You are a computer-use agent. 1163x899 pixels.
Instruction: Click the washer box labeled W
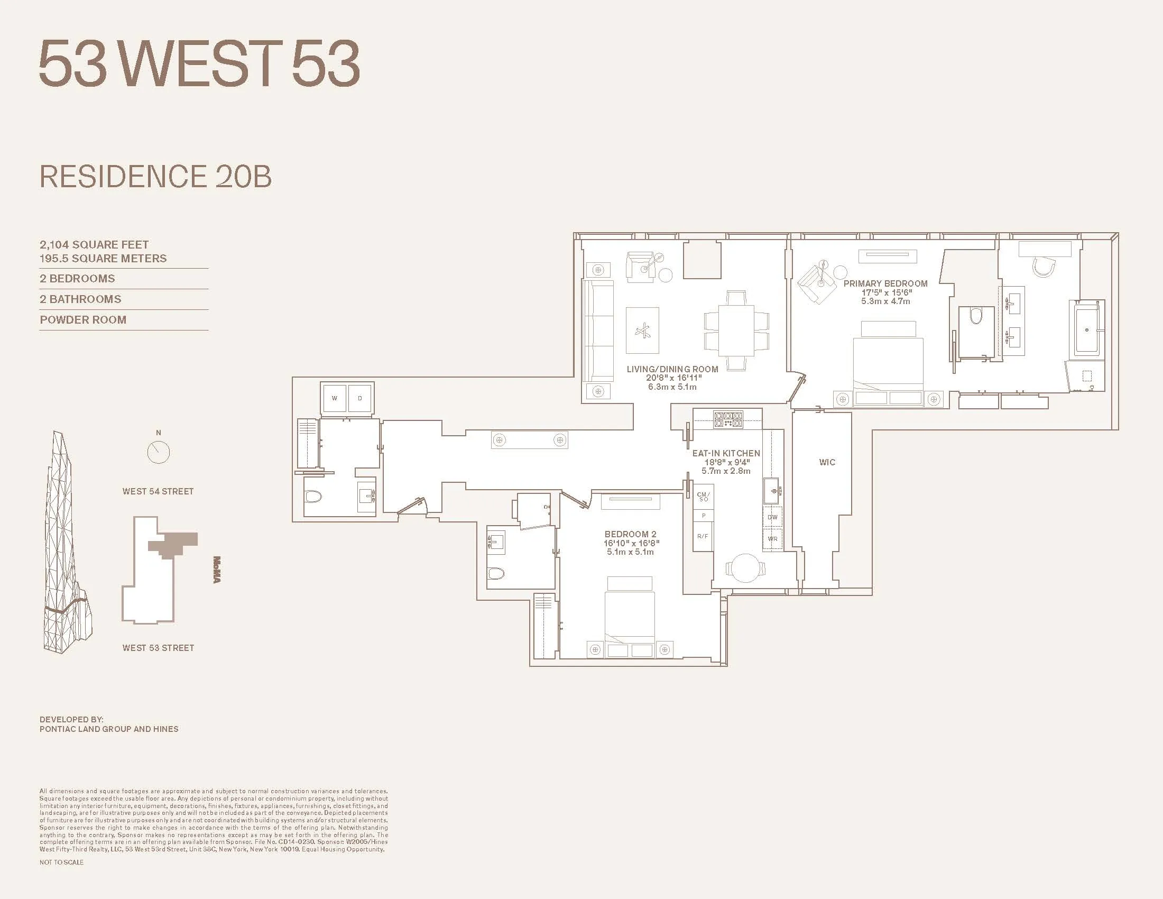[x=335, y=398]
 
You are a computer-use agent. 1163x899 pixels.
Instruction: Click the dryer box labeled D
[x=360, y=398]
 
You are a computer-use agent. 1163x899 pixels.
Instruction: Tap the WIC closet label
[x=827, y=462]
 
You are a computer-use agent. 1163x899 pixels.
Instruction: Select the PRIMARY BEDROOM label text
[x=885, y=284]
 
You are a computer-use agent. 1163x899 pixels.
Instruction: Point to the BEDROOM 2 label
[x=631, y=534]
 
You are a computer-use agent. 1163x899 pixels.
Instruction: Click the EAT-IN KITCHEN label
[x=726, y=454]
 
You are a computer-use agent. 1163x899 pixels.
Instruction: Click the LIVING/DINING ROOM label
[x=672, y=369]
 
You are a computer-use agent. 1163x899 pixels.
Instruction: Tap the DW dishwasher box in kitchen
[x=772, y=517]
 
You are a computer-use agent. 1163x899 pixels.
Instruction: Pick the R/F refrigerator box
[x=703, y=536]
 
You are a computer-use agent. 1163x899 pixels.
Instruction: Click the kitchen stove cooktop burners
[x=728, y=420]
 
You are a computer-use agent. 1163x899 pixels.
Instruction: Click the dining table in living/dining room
[x=736, y=330]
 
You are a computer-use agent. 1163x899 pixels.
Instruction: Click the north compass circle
[x=158, y=453]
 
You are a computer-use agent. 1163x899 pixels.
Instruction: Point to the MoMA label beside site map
[x=216, y=570]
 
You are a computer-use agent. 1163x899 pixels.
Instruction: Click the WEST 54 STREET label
[x=158, y=492]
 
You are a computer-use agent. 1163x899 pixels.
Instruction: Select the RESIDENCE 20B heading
[x=155, y=177]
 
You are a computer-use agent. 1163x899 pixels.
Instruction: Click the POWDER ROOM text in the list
[x=83, y=320]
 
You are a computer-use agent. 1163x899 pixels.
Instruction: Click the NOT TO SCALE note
[x=61, y=863]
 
